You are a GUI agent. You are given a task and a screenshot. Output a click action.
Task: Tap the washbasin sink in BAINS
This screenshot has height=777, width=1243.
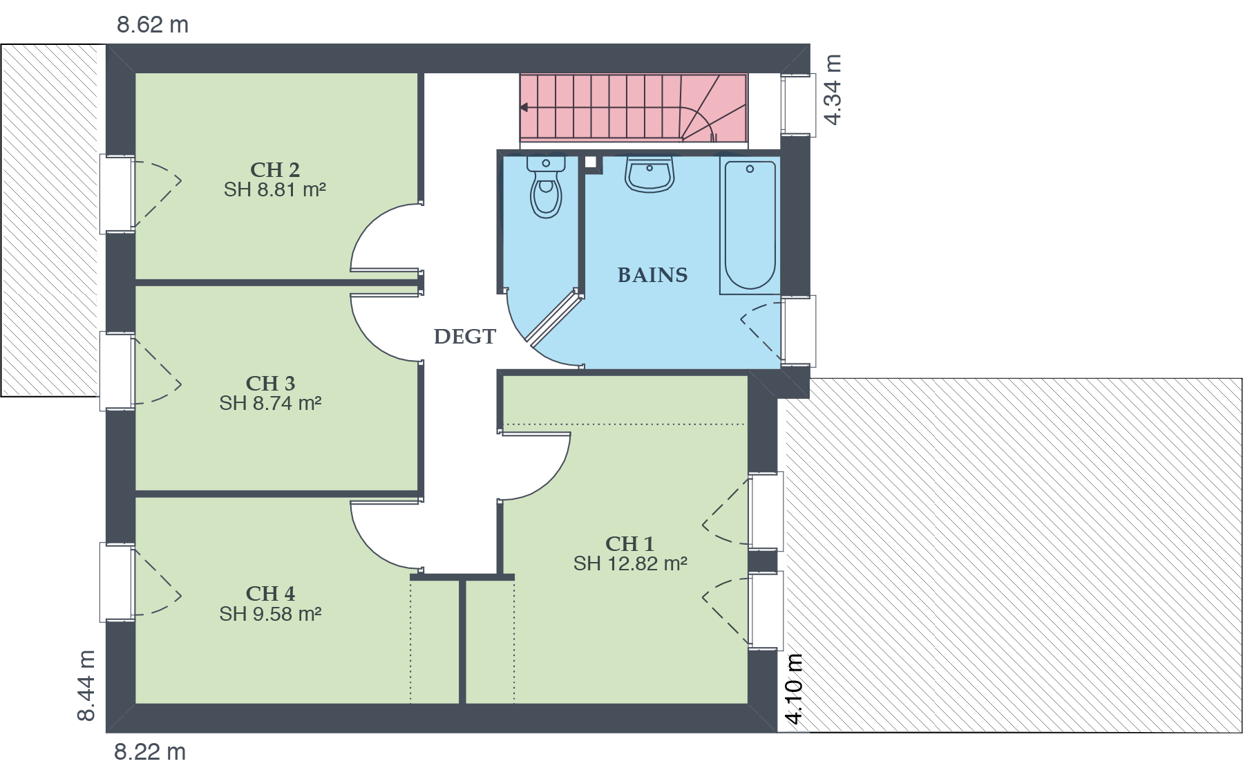649,174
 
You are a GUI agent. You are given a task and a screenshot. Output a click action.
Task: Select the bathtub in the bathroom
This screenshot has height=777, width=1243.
750,225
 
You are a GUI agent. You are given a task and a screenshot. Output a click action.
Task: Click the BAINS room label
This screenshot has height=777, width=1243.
652,275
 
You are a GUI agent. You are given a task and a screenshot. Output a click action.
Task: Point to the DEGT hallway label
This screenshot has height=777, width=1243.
464,337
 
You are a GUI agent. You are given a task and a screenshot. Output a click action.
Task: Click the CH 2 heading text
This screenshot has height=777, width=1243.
275,169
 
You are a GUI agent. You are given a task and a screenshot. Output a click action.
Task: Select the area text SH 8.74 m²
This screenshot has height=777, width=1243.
270,403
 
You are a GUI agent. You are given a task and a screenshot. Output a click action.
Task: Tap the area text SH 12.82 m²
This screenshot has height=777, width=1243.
630,563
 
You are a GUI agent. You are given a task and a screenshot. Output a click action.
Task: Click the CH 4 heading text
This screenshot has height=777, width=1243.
270,594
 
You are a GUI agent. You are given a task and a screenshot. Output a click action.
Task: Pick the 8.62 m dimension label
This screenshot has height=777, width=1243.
153,25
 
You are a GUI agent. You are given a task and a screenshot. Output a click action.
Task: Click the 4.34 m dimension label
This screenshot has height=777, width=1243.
833,90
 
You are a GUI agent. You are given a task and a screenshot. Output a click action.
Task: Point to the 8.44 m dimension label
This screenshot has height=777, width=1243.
86,686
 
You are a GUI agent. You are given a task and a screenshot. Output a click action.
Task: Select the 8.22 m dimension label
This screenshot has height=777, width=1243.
150,752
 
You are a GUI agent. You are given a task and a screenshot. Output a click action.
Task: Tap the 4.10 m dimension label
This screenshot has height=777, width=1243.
795,689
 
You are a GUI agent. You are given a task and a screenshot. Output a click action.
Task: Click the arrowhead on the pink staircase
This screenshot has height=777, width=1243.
524,107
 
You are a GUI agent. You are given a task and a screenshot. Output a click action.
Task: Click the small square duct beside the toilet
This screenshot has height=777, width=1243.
590,162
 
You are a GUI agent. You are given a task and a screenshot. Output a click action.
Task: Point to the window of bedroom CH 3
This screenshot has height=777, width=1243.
117,371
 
